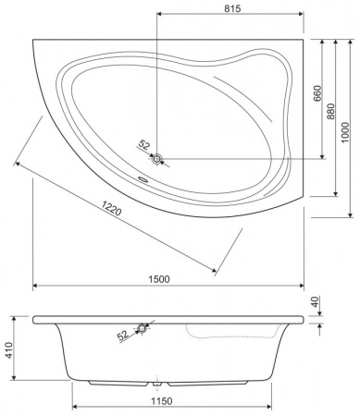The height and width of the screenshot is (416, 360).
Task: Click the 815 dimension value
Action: click(232, 8)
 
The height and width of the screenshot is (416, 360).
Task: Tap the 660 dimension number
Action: click(317, 93)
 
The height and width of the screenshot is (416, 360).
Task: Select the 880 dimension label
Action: click(330, 112)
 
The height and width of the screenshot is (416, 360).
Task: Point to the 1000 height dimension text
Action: click(345, 132)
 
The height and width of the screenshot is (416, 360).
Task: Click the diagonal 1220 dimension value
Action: click(112, 208)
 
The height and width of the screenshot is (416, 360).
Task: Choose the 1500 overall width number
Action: click(159, 279)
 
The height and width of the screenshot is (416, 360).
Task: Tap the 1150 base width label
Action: click(162, 401)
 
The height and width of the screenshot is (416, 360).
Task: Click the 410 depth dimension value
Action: click(9, 350)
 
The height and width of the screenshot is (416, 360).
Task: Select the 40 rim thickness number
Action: click(315, 301)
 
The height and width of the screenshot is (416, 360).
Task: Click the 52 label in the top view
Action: click(143, 144)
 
